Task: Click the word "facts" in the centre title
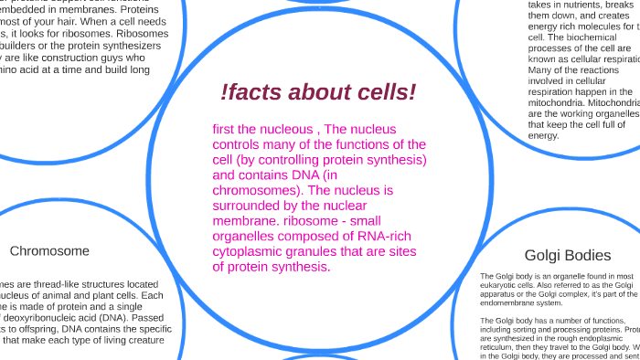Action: tap(259, 92)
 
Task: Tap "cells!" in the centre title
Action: tap(386, 92)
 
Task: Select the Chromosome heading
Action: tap(49, 251)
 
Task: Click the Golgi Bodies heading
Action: tap(568, 255)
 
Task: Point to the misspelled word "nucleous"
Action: tap(281, 129)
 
